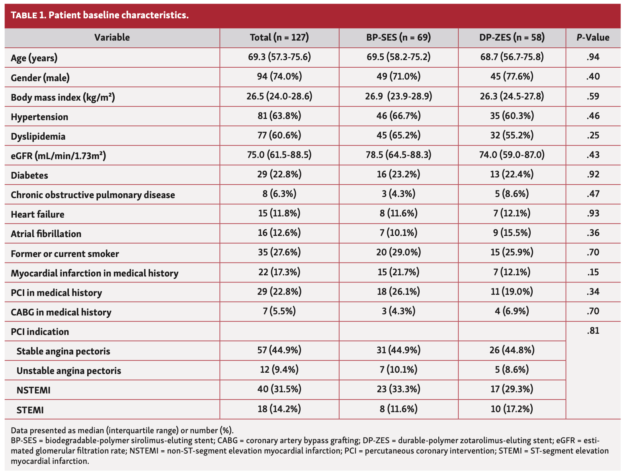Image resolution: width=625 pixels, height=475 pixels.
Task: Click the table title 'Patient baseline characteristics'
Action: click(100, 16)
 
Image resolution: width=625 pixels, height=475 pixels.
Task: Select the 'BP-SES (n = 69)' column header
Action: click(398, 38)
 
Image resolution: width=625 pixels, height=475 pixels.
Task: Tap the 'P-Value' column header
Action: click(593, 38)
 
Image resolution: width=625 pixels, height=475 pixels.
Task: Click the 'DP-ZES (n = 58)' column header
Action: click(512, 38)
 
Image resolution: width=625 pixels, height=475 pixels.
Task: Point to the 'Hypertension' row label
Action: click(39, 117)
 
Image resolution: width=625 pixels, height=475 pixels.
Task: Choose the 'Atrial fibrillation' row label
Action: click(46, 234)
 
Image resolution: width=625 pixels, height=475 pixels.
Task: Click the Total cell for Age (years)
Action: click(279, 57)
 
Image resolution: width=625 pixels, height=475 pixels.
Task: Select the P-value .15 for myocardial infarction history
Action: click(593, 273)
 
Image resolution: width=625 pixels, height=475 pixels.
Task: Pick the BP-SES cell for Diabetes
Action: click(398, 174)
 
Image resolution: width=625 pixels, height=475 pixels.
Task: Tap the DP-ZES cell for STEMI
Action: click(512, 409)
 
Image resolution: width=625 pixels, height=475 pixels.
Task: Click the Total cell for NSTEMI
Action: click(279, 389)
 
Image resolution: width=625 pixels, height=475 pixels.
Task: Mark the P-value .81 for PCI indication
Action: click(593, 331)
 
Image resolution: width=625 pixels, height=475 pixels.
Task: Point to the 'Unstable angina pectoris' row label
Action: click(68, 371)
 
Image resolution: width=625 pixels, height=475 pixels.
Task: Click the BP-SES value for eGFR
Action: click(398, 155)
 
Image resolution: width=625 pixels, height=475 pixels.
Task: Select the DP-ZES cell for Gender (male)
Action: click(512, 76)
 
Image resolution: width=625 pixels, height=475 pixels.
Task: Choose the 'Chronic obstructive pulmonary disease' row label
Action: click(93, 195)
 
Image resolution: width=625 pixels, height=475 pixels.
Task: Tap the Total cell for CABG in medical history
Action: click(279, 311)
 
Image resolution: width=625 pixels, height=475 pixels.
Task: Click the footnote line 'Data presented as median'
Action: click(122, 430)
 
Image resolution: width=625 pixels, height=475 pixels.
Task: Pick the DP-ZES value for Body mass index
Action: click(512, 96)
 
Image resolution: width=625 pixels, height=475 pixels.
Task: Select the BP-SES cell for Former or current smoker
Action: click(398, 253)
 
